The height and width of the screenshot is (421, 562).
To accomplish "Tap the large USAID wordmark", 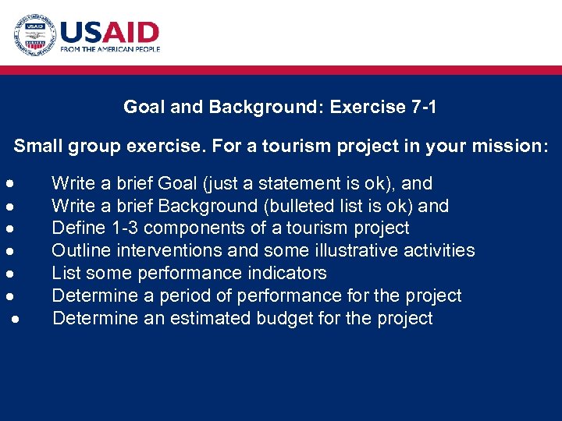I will click(x=109, y=32).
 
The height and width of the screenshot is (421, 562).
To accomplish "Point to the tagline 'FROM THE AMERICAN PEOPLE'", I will click(x=110, y=49).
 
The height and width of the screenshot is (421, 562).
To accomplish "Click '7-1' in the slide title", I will click(x=423, y=107).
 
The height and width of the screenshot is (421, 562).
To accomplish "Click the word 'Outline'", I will click(x=80, y=250).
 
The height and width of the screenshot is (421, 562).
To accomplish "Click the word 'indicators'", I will click(x=287, y=273).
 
